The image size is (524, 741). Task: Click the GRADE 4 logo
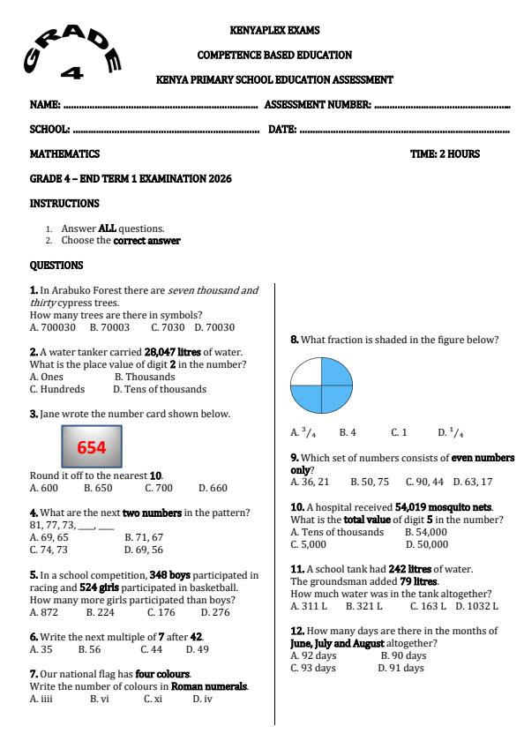click(73, 52)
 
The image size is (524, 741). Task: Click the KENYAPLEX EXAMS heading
click(273, 30)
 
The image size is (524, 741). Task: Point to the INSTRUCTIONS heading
click(64, 203)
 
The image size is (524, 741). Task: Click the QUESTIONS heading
click(56, 265)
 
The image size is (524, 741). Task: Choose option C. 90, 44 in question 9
click(425, 483)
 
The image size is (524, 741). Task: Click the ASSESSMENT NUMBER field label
click(318, 105)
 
